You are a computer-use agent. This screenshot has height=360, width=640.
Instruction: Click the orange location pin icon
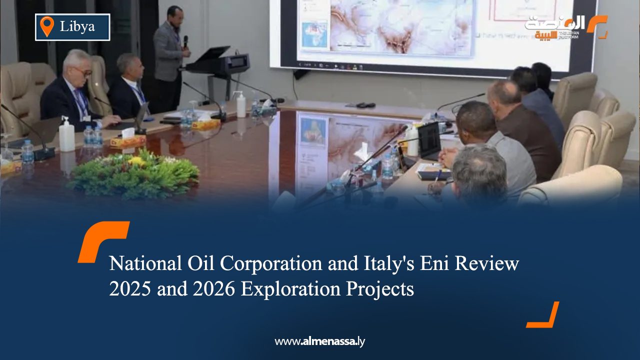tap(46, 26)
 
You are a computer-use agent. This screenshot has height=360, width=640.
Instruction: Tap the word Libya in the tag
tap(77, 27)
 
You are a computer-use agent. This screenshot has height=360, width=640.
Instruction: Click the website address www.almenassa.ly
tap(320, 341)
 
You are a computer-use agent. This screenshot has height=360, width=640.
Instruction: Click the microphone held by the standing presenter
tap(185, 41)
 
